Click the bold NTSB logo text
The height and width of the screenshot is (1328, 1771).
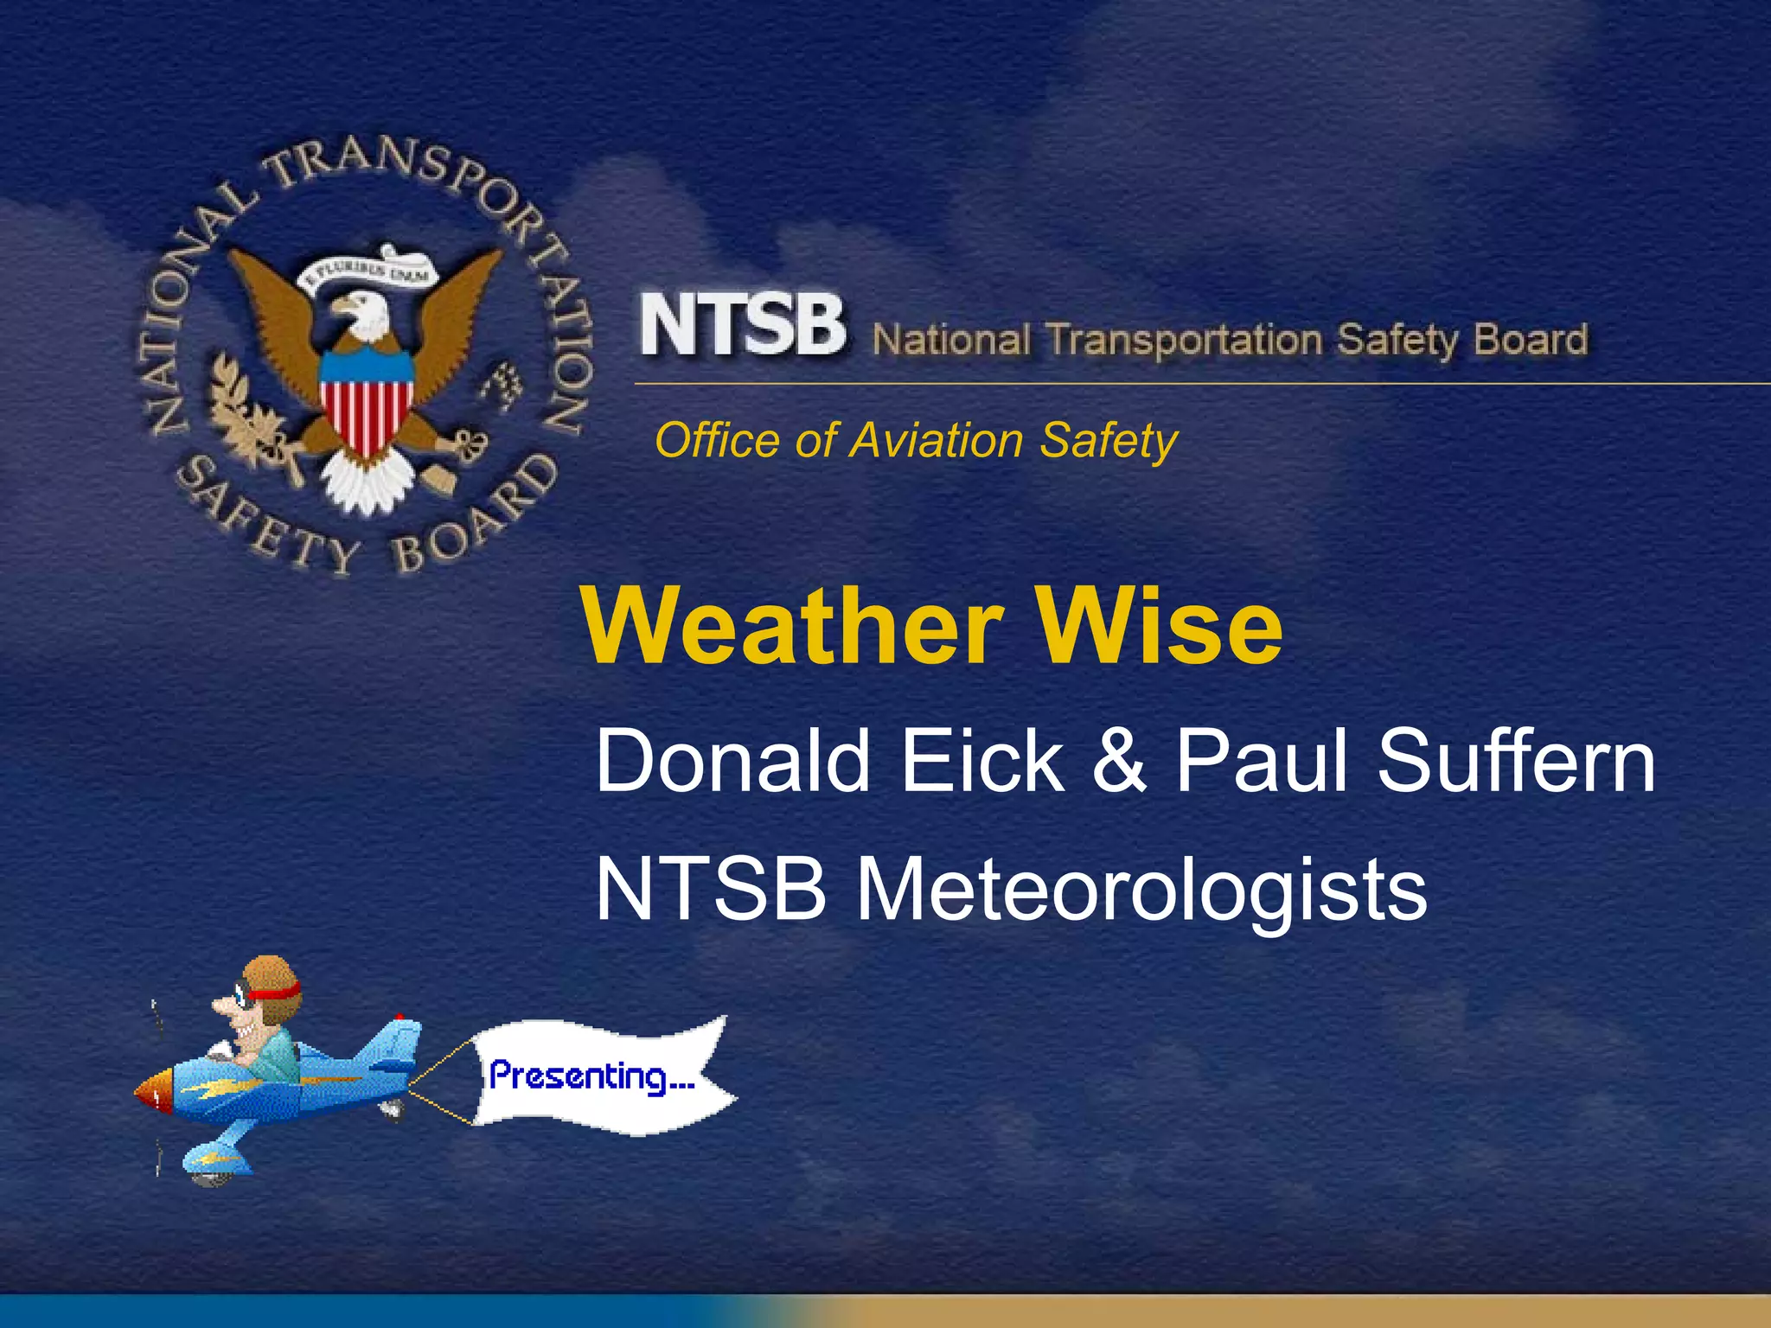click(742, 325)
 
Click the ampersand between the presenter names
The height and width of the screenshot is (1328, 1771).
click(1119, 761)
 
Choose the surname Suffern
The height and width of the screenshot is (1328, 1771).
click(1515, 761)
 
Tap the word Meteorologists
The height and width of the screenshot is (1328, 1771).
click(1141, 891)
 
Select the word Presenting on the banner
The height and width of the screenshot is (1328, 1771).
click(591, 1077)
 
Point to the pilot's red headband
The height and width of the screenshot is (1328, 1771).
click(278, 991)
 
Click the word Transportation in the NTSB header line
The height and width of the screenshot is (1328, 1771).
click(1185, 340)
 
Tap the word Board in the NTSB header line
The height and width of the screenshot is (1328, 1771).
click(1531, 339)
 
